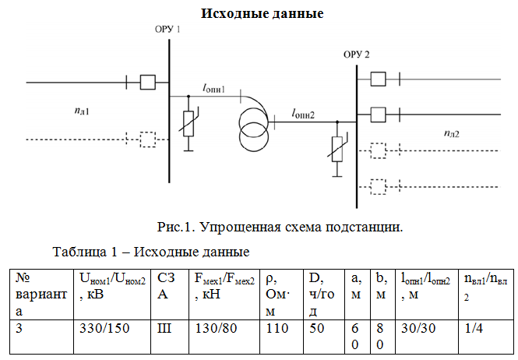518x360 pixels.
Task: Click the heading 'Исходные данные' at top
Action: (x=262, y=13)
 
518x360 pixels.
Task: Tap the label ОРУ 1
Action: (x=167, y=30)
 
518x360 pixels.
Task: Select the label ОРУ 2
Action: (x=356, y=55)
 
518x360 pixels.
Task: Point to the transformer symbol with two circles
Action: (x=254, y=130)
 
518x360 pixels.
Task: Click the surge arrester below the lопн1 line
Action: (x=189, y=124)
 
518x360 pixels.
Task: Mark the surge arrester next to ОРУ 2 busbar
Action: (x=337, y=149)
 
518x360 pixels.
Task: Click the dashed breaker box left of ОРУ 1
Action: (x=148, y=139)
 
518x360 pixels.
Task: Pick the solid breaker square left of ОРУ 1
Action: (x=148, y=82)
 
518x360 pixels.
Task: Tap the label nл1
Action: (x=82, y=111)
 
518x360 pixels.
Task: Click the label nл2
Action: (x=451, y=133)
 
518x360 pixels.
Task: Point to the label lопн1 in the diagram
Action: (x=213, y=88)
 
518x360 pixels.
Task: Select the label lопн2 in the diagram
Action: (x=303, y=114)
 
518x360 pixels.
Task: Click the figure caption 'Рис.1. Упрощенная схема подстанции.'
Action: (x=280, y=227)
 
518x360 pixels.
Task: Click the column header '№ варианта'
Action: (x=41, y=295)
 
